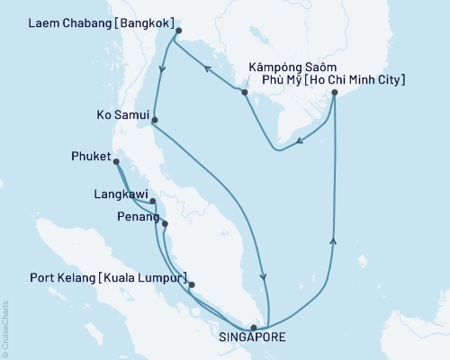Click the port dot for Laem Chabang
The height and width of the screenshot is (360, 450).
tap(178, 31)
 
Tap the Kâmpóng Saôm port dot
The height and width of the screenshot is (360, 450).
tap(244, 92)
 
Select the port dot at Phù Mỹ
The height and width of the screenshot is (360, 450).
tap(334, 92)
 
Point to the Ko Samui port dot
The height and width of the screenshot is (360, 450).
tap(155, 120)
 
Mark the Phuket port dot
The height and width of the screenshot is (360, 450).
tap(116, 162)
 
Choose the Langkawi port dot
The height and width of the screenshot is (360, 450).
tap(153, 201)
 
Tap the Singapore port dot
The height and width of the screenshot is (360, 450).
tap(254, 328)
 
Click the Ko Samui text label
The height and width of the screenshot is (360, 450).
tap(121, 115)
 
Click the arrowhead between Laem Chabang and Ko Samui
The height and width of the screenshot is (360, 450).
tap(160, 69)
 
